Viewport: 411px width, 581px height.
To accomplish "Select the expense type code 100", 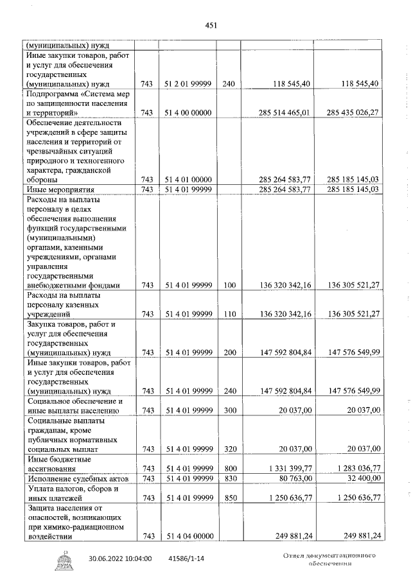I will pyautogui.click(x=229, y=286).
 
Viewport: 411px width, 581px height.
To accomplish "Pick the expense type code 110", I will pyautogui.click(x=229, y=314).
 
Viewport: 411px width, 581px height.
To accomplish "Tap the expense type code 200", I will pyautogui.click(x=229, y=352).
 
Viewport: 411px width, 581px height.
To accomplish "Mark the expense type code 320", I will pyautogui.click(x=229, y=448).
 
